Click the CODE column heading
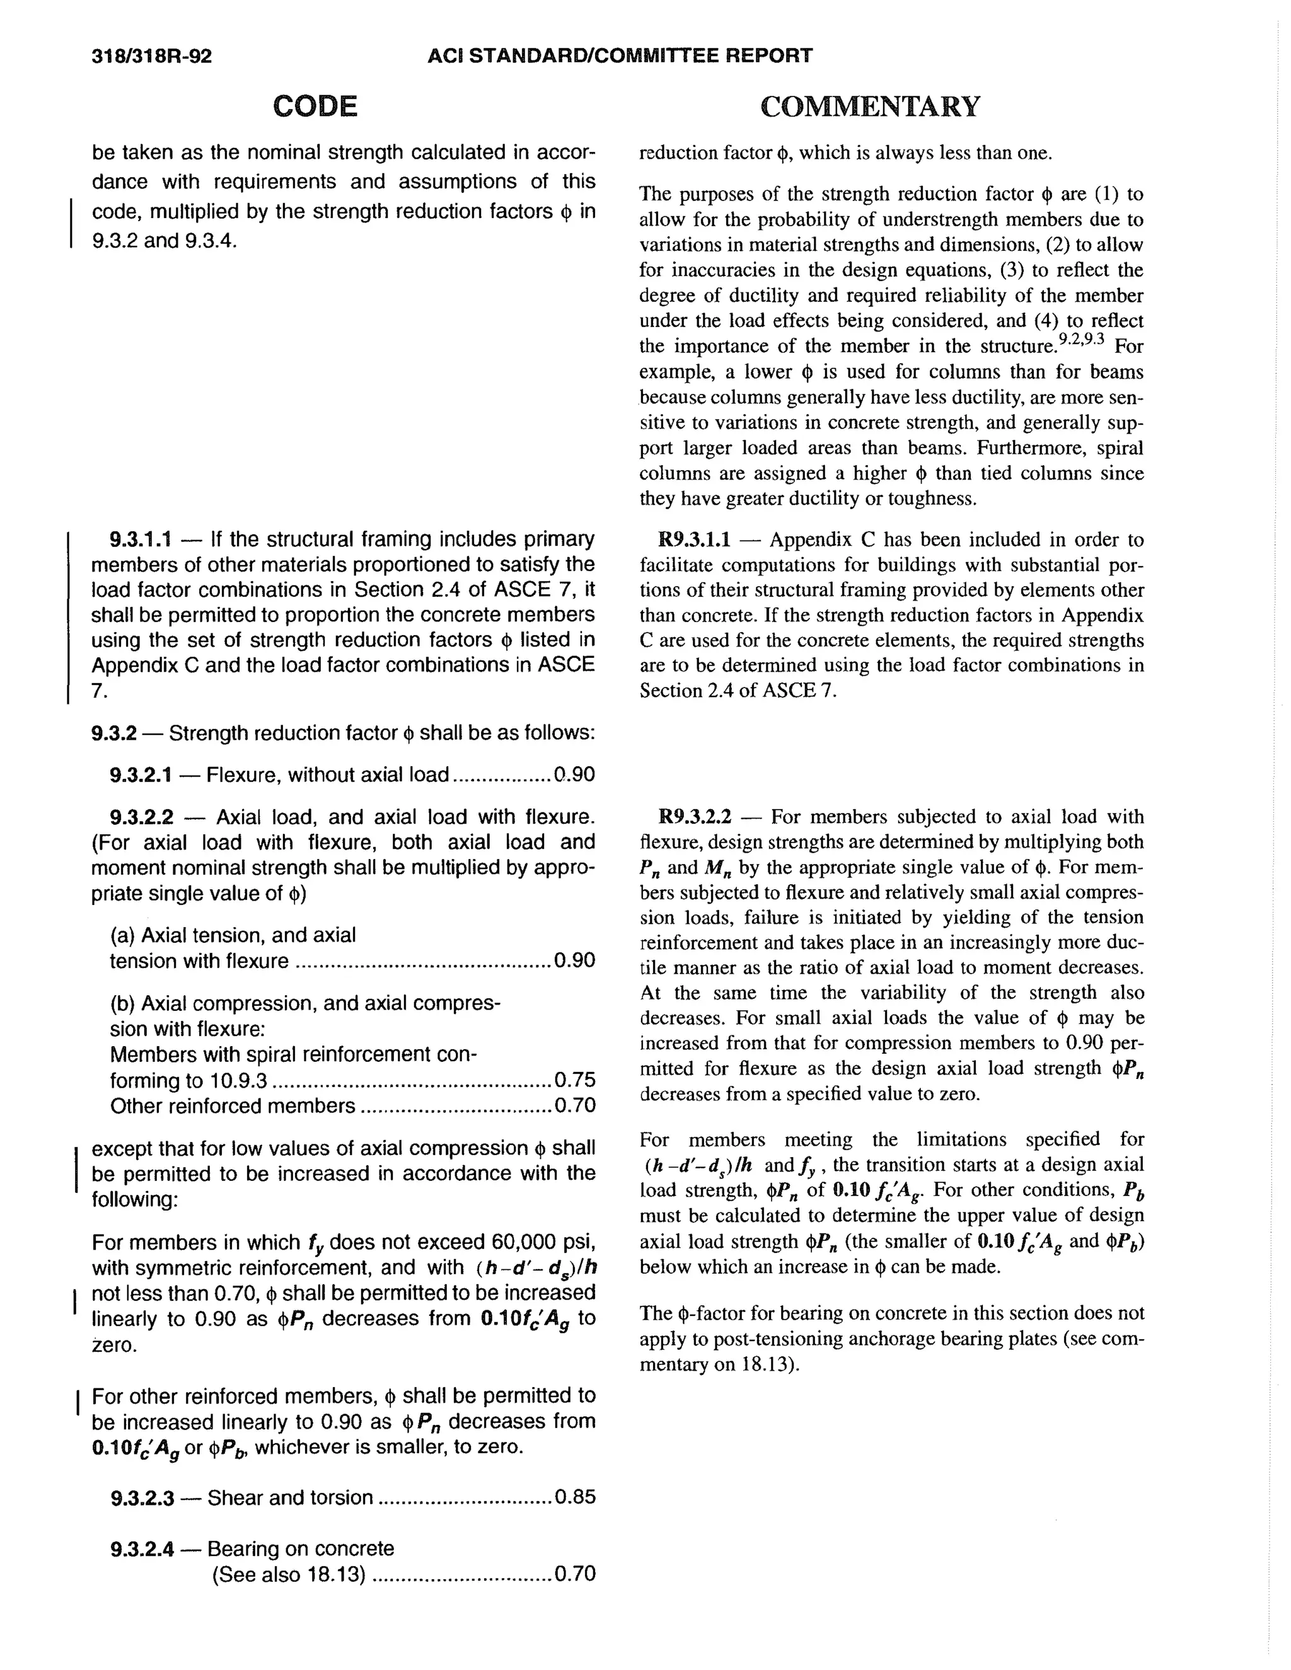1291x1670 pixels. [315, 107]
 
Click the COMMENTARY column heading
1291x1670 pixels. [869, 107]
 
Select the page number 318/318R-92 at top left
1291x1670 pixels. [151, 56]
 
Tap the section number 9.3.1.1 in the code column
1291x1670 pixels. [140, 540]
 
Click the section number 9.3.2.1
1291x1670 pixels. [140, 775]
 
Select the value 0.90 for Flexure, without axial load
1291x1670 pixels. [575, 775]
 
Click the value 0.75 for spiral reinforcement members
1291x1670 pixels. [575, 1080]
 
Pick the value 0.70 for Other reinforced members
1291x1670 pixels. [575, 1107]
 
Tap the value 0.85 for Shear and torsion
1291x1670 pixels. [575, 1497]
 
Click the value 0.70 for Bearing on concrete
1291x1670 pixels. [575, 1574]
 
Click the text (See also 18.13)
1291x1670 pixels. [288, 1574]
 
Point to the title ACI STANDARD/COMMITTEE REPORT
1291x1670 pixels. [620, 56]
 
